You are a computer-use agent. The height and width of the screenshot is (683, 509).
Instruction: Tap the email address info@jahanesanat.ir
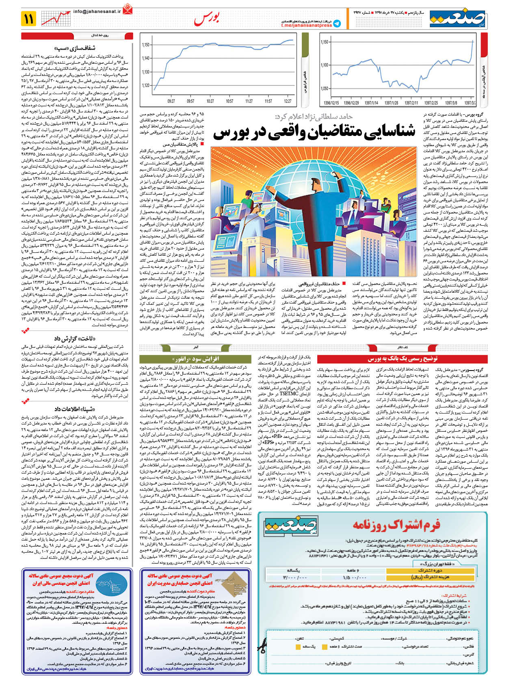(97, 12)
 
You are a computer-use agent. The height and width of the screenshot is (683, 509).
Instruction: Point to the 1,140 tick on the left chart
(145, 58)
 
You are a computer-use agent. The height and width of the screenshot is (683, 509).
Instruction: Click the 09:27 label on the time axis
(171, 101)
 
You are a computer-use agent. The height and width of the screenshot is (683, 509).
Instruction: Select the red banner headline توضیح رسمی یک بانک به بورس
(402, 359)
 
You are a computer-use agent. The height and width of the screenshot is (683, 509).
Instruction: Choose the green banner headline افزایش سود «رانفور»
(196, 359)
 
